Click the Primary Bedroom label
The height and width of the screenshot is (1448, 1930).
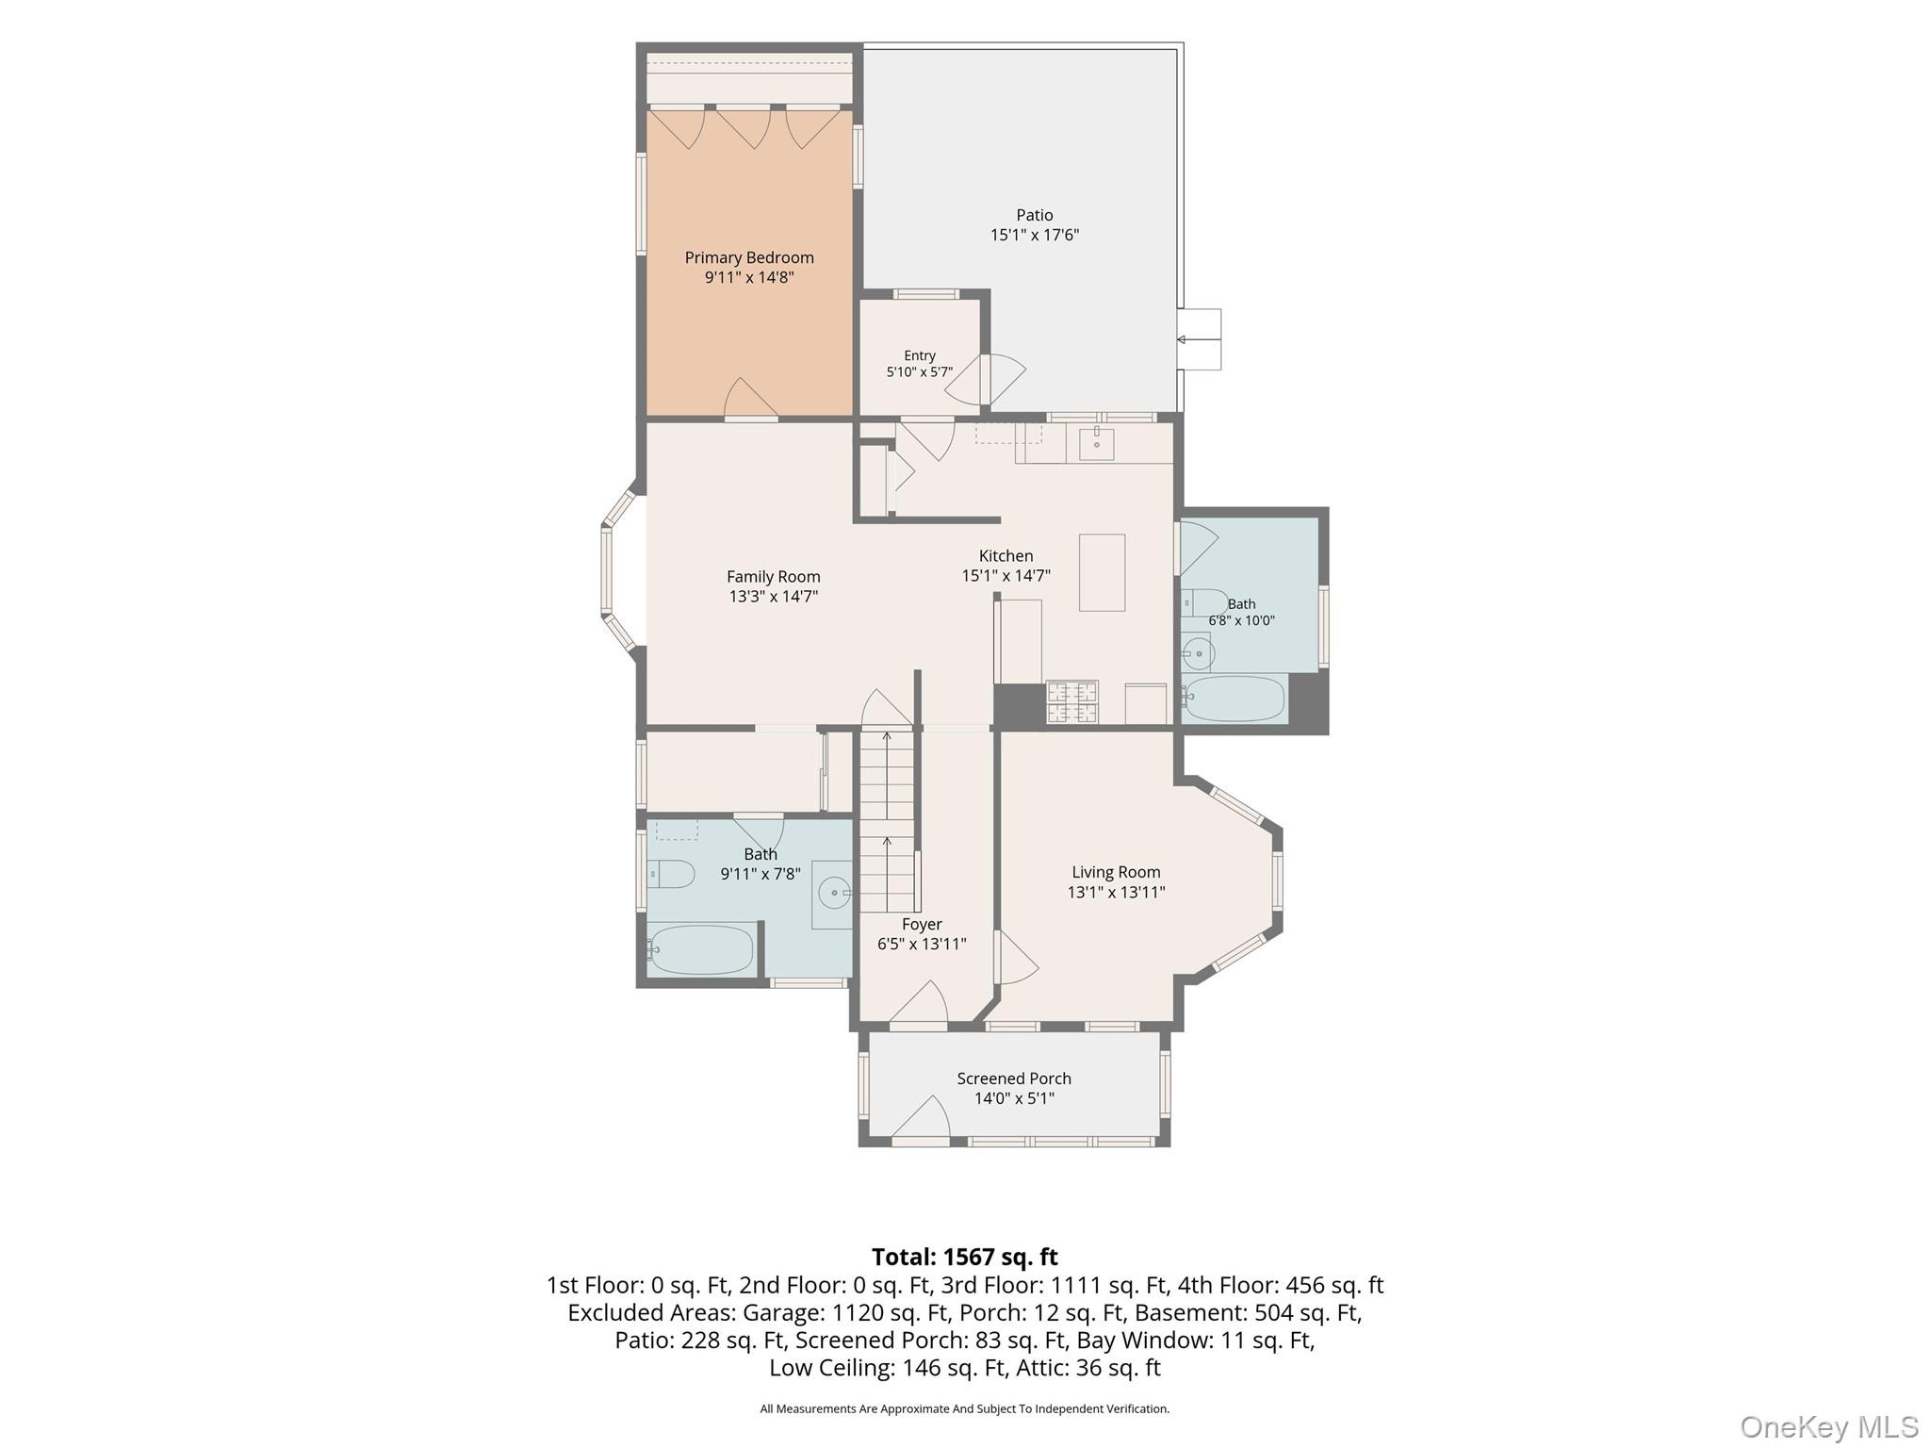(x=749, y=257)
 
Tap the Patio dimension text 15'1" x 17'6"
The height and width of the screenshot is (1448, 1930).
(x=1034, y=235)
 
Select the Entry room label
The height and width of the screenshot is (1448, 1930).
(x=920, y=355)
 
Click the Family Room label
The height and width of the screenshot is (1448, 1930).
(x=773, y=576)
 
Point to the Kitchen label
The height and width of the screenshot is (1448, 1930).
(x=1006, y=555)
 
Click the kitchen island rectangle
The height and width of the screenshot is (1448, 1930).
(x=1102, y=572)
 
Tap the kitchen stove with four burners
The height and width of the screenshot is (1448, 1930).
(x=1072, y=702)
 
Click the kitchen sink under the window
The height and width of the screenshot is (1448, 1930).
(x=1096, y=443)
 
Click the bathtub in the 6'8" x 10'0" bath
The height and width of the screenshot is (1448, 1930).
(x=1235, y=699)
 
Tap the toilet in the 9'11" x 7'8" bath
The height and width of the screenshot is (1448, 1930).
(x=670, y=874)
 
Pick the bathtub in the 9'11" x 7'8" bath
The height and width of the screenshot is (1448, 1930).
(x=700, y=949)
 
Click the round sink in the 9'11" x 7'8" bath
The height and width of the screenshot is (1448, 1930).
(x=832, y=891)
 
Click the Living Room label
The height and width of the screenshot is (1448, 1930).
(x=1116, y=872)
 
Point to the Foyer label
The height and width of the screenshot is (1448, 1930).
(x=922, y=924)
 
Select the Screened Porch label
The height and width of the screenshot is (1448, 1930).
(x=1014, y=1078)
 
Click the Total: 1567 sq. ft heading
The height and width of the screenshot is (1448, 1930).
(x=964, y=1257)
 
